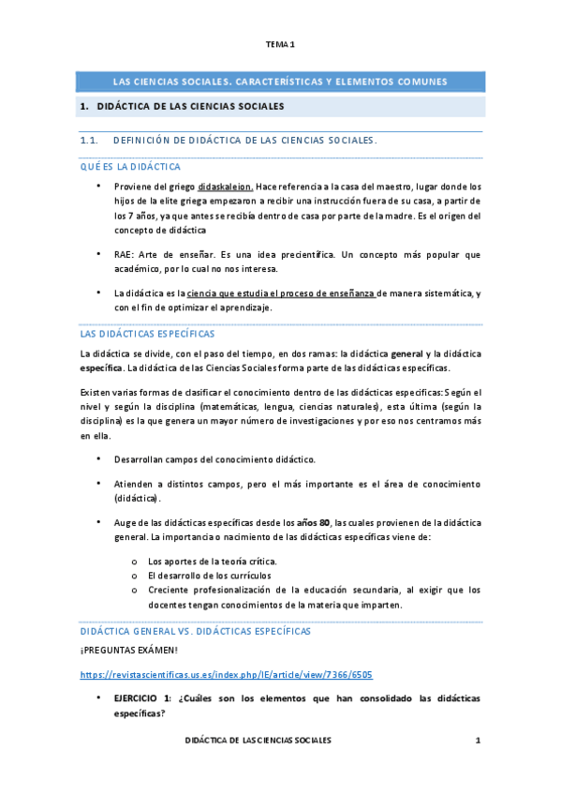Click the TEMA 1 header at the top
(x=280, y=45)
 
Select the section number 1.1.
(x=90, y=142)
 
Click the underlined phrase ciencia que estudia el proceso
(x=280, y=293)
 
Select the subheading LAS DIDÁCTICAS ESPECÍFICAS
(x=148, y=334)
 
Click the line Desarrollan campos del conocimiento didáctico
(x=215, y=459)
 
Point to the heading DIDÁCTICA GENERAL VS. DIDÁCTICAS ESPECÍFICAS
(x=196, y=632)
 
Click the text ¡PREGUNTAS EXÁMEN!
(x=125, y=652)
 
